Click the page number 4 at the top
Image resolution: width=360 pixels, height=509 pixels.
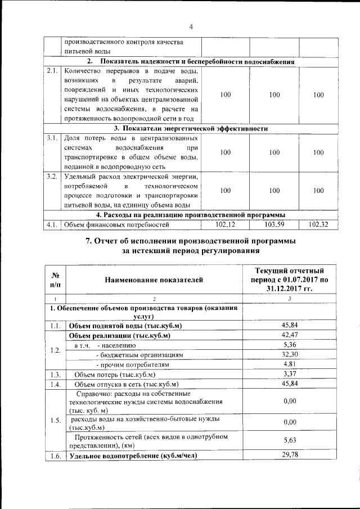[191, 26]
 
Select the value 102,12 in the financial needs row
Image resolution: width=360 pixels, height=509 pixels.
[225, 225]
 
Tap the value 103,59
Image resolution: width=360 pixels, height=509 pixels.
[274, 225]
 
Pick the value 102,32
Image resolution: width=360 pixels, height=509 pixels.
[318, 225]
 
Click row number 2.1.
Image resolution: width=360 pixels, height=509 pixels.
[53, 71]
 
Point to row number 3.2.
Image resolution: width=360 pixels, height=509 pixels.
[53, 177]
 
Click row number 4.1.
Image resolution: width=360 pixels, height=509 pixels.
[53, 225]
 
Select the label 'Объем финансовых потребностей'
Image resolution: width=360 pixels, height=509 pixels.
[117, 225]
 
